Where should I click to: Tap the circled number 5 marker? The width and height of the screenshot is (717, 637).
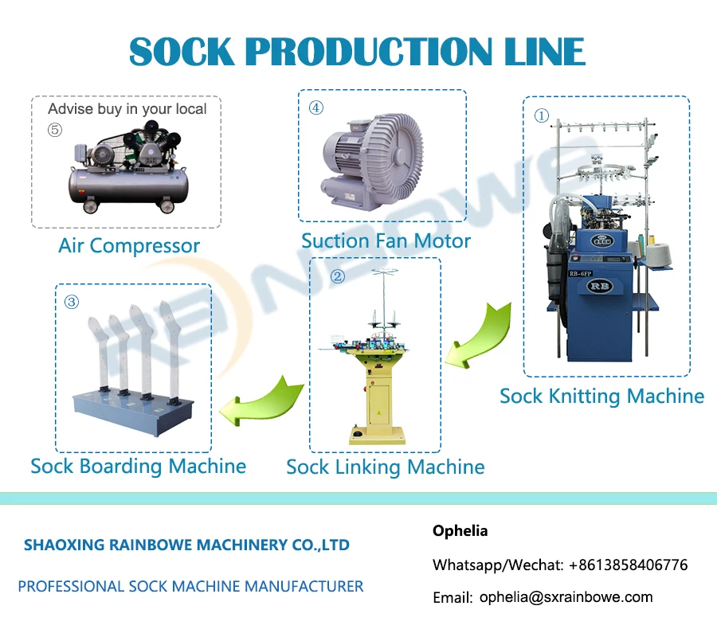[x=54, y=131]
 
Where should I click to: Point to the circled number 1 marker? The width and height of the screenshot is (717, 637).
[x=542, y=116]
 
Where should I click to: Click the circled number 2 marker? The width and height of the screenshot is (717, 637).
[x=338, y=276]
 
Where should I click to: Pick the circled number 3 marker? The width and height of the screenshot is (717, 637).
[x=72, y=302]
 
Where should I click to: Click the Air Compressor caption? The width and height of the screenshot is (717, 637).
[x=129, y=245]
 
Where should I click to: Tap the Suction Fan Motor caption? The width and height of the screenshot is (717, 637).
[x=386, y=240]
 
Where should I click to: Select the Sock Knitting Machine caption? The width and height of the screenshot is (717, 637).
[x=601, y=396]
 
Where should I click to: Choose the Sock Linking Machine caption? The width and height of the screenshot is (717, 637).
[x=386, y=467]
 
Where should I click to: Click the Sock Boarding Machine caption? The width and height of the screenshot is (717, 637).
[x=138, y=466]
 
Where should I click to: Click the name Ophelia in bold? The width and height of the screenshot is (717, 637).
[x=460, y=530]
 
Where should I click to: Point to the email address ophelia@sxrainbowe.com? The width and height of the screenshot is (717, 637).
[x=566, y=596]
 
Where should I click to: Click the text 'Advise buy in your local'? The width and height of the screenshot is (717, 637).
[x=127, y=109]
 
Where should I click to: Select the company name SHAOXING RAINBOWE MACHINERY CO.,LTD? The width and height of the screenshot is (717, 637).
[x=186, y=545]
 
